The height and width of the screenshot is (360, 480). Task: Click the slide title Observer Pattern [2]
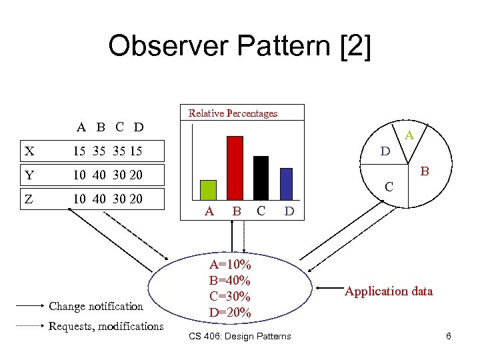click(239, 46)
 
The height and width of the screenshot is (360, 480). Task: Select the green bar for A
click(209, 189)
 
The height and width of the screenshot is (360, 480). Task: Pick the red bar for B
click(235, 167)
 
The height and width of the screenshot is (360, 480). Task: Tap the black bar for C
click(261, 177)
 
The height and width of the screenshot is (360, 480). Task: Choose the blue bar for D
click(286, 183)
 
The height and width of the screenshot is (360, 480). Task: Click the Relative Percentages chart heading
click(233, 113)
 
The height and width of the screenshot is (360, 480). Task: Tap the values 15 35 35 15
click(107, 151)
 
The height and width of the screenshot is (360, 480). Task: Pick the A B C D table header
click(110, 127)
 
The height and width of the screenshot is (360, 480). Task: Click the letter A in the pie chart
click(409, 135)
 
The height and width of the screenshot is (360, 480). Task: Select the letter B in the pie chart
click(425, 172)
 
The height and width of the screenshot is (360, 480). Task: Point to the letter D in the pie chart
click(385, 152)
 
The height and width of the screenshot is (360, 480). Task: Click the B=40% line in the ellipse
click(229, 280)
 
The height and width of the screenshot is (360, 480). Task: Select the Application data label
click(389, 291)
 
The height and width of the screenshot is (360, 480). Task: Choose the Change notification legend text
click(96, 306)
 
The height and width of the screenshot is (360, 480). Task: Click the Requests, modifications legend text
click(105, 326)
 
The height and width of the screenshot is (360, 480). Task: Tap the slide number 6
click(449, 336)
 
